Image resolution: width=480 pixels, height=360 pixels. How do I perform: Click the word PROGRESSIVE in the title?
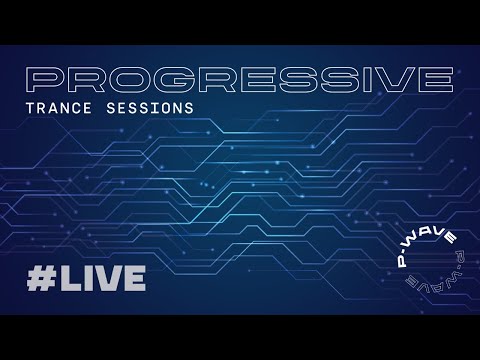pos(239,77)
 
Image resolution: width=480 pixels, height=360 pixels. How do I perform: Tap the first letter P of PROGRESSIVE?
pos(46,77)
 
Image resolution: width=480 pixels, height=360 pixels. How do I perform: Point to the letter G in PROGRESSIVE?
pos(166,77)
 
